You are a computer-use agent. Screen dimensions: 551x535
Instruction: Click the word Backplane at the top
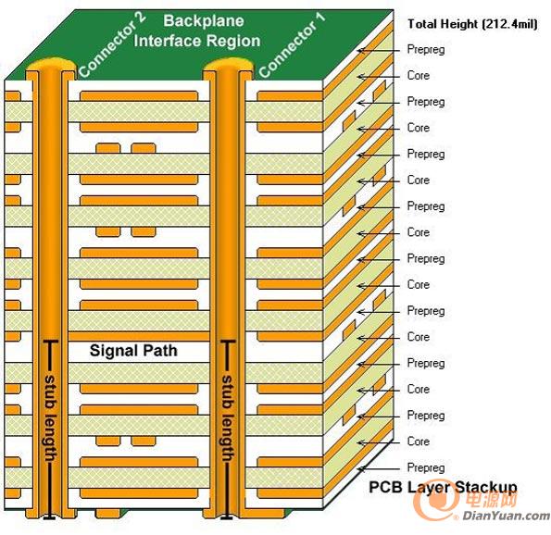(204, 21)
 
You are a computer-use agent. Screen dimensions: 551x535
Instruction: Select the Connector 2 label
(111, 44)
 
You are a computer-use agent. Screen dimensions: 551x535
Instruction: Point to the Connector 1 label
(292, 44)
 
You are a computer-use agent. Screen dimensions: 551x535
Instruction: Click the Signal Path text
(133, 351)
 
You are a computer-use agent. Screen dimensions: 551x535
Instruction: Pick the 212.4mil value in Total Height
(510, 24)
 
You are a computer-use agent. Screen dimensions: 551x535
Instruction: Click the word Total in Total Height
(422, 24)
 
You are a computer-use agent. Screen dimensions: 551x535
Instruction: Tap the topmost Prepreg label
(426, 50)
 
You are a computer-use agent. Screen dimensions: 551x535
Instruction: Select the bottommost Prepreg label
(426, 468)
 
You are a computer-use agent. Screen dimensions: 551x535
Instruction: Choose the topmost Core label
(419, 76)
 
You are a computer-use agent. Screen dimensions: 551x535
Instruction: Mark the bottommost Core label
(419, 442)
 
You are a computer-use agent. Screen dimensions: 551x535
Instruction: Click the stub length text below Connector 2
(50, 418)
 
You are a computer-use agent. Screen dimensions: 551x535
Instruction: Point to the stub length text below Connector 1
(228, 418)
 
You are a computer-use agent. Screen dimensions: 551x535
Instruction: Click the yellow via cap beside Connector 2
(50, 65)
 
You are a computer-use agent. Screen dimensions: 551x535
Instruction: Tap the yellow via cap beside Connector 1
(229, 65)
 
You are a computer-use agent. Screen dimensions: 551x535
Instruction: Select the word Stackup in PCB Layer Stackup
(486, 488)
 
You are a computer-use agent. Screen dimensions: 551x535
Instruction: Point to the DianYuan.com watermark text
(506, 516)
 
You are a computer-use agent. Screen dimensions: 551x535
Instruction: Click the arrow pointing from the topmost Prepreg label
(378, 51)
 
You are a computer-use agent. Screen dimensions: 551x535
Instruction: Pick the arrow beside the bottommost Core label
(378, 442)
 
